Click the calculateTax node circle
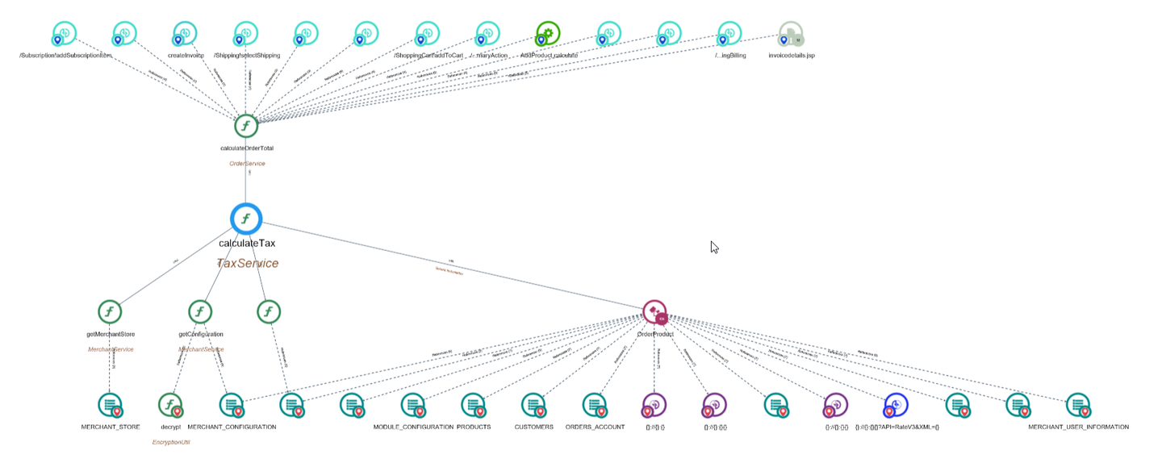pos(246,219)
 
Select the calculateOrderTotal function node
pos(246,126)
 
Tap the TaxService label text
pos(248,264)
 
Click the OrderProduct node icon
pos(654,312)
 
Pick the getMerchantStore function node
pos(110,312)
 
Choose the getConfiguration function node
pos(200,312)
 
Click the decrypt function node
pos(169,405)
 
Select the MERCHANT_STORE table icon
pos(110,405)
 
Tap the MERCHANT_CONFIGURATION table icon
pos(231,405)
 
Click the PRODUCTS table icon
pos(473,405)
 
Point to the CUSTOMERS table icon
pos(533,405)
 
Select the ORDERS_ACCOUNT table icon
pos(594,405)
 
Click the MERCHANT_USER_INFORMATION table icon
pos(1078,405)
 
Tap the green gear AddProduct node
pos(548,34)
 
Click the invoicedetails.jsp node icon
pos(791,34)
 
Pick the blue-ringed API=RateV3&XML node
pos(896,405)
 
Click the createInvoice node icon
pos(186,34)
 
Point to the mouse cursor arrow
pos(714,247)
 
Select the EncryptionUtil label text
pos(171,442)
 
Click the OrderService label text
pos(247,164)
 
